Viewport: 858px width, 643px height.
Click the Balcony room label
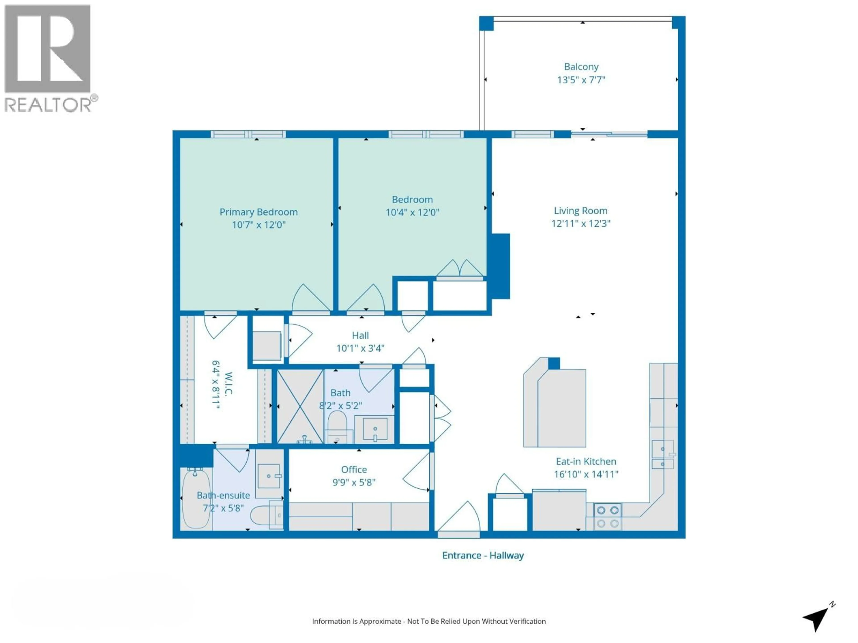(x=581, y=67)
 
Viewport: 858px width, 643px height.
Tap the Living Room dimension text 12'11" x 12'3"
(x=581, y=224)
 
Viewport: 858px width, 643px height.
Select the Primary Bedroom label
(x=258, y=212)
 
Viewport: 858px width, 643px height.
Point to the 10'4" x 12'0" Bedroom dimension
(x=412, y=212)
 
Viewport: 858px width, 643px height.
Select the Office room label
(x=354, y=470)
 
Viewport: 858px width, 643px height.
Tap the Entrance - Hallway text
(x=483, y=555)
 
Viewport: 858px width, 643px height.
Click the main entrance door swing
(x=462, y=518)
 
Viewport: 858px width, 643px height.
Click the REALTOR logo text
(x=48, y=105)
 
